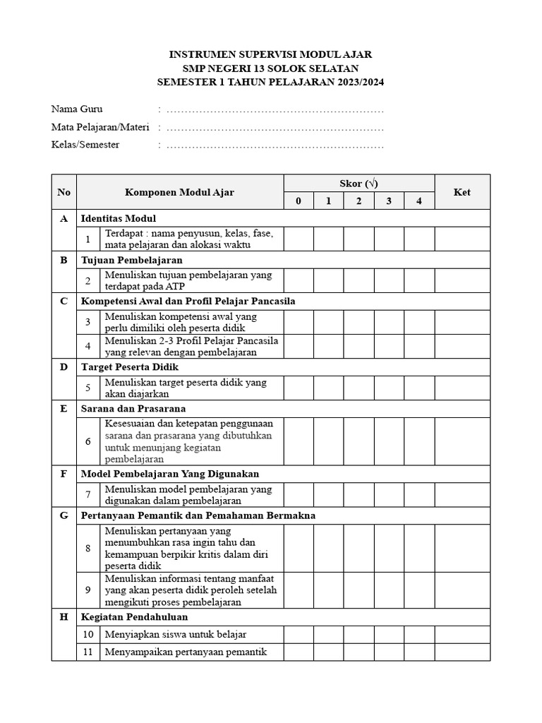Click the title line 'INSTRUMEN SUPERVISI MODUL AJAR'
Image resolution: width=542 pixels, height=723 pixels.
[x=271, y=54]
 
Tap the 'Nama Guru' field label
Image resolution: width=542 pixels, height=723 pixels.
[x=77, y=109]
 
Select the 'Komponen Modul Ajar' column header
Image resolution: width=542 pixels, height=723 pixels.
[x=180, y=192]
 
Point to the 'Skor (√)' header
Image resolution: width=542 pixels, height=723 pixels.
[x=359, y=184]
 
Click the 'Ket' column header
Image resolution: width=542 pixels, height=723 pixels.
[x=462, y=192]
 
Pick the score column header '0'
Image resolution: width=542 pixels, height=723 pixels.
[x=299, y=201]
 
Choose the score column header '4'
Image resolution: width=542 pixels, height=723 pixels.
[x=418, y=201]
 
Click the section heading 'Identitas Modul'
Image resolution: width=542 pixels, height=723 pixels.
[x=119, y=218]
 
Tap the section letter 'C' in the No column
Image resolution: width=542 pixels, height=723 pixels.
[x=64, y=301]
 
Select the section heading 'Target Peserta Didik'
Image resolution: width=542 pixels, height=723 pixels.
[x=130, y=367]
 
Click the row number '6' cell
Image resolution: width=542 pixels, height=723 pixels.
[x=88, y=441]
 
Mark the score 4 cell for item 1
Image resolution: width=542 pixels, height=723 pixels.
[x=418, y=239]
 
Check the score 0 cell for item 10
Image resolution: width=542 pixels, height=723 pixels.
[x=299, y=634]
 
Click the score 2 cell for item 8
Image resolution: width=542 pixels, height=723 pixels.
[x=359, y=548]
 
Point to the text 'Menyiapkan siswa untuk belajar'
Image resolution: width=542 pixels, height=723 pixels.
[x=176, y=634]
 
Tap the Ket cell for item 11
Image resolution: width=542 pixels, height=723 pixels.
[x=462, y=652]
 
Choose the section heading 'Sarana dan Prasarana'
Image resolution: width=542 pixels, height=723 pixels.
[x=133, y=408]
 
